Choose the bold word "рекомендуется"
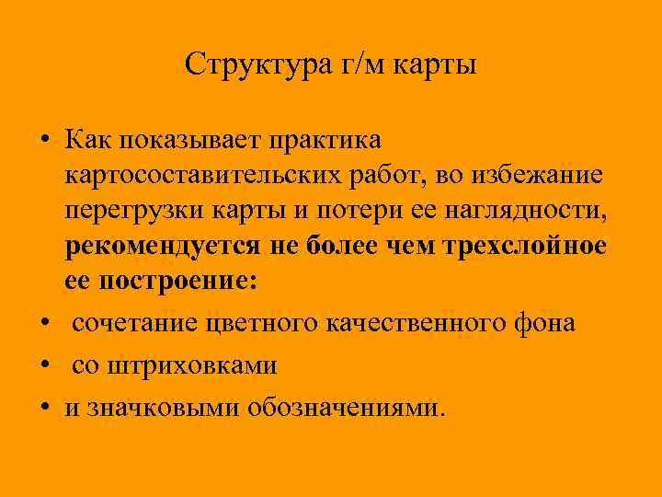click(164, 248)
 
